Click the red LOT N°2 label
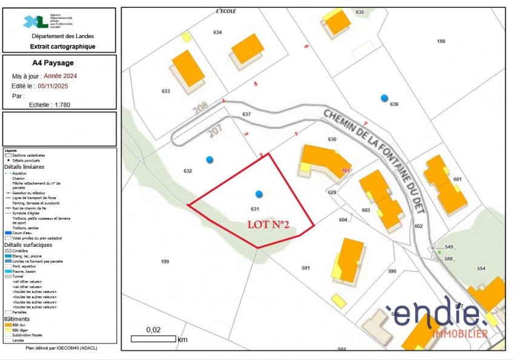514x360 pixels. tap(268, 224)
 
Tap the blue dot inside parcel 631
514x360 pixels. tap(259, 194)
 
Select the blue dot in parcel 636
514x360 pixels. tap(384, 97)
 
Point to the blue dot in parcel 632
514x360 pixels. tap(209, 160)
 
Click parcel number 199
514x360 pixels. tap(165, 261)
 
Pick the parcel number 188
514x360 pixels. tap(441, 41)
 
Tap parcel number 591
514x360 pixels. tap(306, 267)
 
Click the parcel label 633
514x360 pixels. tap(166, 91)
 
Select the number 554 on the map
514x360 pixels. tap(481, 268)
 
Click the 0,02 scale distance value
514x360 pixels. tap(153, 330)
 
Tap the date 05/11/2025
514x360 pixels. tap(54, 86)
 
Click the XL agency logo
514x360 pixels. tap(36, 22)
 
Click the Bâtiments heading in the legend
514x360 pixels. tap(17, 318)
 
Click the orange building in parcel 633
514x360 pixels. tap(188, 68)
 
